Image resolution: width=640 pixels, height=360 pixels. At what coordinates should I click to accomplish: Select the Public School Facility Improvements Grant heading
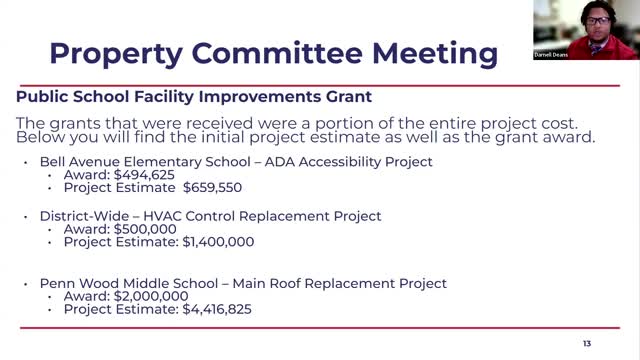point(194,97)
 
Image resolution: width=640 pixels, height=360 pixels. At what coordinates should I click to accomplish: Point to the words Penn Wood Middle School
point(119,283)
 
